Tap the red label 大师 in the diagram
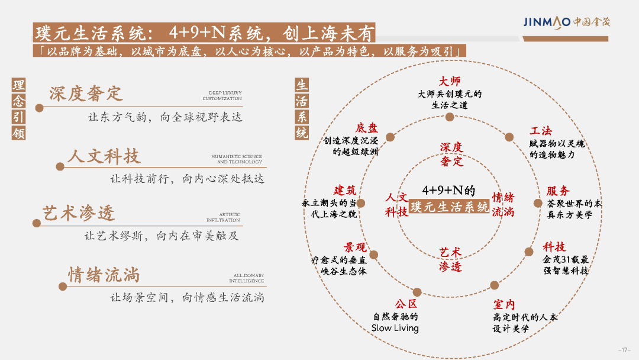point(450,81)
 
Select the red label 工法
point(541,131)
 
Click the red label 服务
point(558,191)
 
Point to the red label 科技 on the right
point(554,247)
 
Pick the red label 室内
point(504,304)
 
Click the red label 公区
point(406,304)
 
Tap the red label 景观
point(355,247)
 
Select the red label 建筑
point(345,190)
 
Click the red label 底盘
point(367,128)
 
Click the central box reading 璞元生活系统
point(449,207)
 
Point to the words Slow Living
point(395,328)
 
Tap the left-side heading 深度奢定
point(86,94)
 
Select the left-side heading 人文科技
point(104,156)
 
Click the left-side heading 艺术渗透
point(79,213)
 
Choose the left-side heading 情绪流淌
point(104,275)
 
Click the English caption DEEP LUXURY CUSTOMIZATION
point(222,96)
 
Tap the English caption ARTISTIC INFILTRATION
point(223,217)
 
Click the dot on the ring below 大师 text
point(450,117)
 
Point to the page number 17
point(624,350)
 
